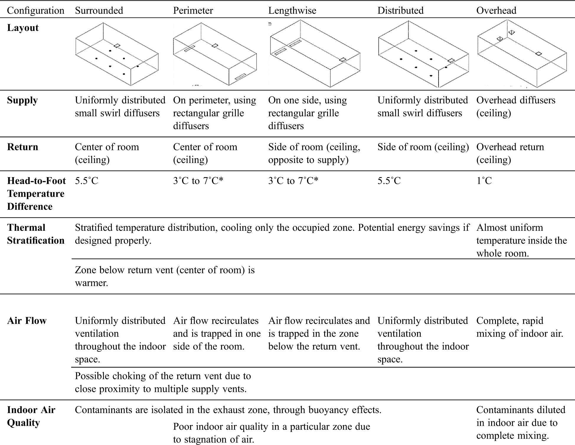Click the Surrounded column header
click(99, 11)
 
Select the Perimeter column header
click(193, 11)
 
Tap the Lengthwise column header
click(292, 11)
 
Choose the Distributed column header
click(400, 11)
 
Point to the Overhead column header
click(496, 11)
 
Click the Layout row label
click(23, 28)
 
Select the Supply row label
click(22, 100)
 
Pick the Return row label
click(22, 147)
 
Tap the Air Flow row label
click(27, 321)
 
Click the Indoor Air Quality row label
click(31, 416)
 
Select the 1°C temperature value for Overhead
click(484, 181)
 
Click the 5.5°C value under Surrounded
click(86, 181)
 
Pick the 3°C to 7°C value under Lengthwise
click(293, 181)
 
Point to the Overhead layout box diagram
click(522, 53)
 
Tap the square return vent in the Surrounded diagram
click(117, 45)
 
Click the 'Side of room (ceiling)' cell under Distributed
click(423, 147)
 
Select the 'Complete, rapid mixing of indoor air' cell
click(520, 327)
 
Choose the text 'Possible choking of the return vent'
click(163, 376)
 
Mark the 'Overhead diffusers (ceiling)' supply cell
click(516, 107)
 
